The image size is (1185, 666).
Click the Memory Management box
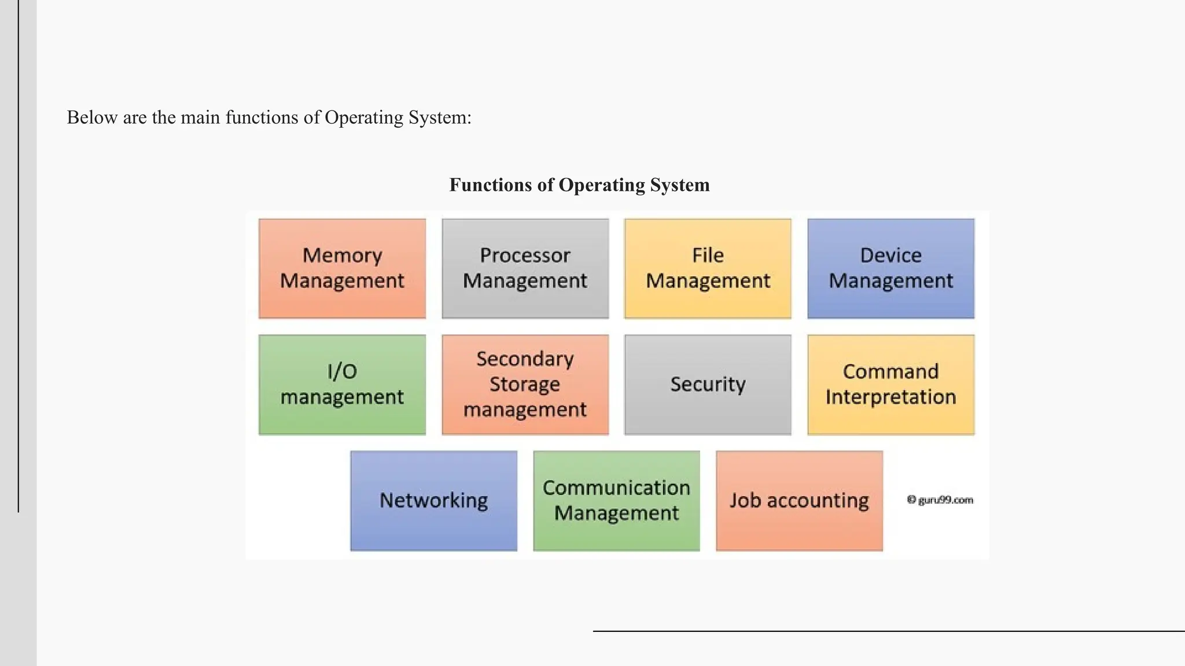point(342,268)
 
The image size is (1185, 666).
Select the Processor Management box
point(525,268)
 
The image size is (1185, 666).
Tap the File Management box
point(708,268)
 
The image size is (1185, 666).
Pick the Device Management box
point(890,268)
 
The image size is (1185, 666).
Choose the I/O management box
point(342,384)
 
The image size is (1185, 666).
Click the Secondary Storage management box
point(525,384)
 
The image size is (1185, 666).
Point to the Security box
point(708,384)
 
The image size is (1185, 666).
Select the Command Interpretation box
point(890,384)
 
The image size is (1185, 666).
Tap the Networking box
point(433,501)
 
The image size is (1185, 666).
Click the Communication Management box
point(616,501)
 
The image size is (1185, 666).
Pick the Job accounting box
point(799,501)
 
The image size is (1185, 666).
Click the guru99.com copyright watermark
point(940,500)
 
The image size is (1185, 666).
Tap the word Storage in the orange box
point(525,384)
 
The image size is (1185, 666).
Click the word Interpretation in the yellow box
point(890,397)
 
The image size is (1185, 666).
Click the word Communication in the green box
point(616,488)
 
